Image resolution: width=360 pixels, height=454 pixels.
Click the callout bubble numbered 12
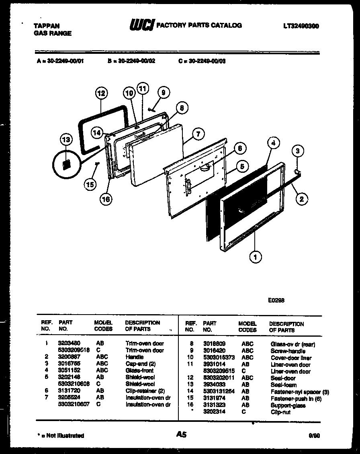pos(101,93)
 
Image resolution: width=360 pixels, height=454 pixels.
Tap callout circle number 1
pos(255,256)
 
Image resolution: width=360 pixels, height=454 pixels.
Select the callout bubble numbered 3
pos(297,151)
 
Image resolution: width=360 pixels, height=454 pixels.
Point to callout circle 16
pos(106,198)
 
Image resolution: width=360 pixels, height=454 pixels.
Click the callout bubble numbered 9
pos(163,92)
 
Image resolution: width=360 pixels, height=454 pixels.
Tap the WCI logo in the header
pos(141,26)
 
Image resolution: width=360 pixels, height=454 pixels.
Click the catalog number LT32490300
pos(301,26)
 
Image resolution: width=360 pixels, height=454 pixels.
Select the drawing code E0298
pos(276,300)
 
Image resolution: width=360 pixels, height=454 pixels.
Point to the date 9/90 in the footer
pos(314,435)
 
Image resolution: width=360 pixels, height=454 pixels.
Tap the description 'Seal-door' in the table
pos(283,378)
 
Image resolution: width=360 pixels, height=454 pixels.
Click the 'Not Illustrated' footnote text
pos(61,436)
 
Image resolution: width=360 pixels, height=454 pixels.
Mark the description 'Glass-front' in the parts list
pos(139,370)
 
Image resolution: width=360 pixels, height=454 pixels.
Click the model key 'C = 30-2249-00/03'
pos(202,61)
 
